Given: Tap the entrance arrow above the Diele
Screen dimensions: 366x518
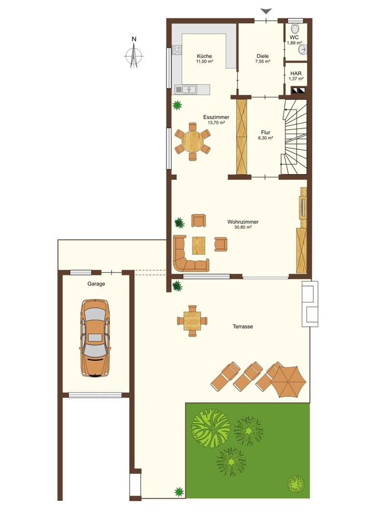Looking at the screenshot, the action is (x=266, y=11).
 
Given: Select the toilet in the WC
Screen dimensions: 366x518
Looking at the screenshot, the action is (x=295, y=28).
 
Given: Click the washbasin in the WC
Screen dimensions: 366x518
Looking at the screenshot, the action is (x=303, y=50).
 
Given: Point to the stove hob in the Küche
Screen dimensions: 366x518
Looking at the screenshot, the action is (x=177, y=50).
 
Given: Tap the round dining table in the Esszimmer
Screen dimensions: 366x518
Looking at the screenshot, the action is (x=192, y=141).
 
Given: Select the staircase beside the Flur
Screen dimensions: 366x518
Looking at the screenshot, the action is (x=294, y=137).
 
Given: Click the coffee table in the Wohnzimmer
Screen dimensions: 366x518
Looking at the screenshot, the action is (x=199, y=246).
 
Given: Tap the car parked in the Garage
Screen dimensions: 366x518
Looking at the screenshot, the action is (x=95, y=338).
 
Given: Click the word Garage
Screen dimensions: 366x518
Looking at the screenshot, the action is (x=96, y=284).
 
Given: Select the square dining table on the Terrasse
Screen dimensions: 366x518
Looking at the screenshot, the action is (x=192, y=321).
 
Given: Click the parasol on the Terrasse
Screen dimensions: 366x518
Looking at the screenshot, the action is (x=288, y=382).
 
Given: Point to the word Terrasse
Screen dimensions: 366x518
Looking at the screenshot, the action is (x=243, y=326).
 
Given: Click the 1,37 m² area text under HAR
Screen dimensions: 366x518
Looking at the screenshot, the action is (x=296, y=79).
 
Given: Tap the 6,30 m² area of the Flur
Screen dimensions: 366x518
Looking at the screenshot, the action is (x=265, y=138).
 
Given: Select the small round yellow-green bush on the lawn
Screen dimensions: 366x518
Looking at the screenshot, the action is (x=295, y=484).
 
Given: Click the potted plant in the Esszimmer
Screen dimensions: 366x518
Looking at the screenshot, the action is (x=177, y=105).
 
